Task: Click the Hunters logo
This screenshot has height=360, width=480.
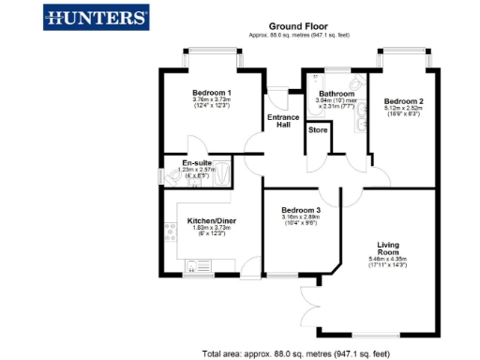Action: click(97, 17)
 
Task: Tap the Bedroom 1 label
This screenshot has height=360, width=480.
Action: click(212, 93)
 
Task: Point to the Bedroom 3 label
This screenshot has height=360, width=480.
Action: click(301, 210)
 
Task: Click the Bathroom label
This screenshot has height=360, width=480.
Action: click(336, 94)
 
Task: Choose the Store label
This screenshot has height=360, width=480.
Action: click(317, 130)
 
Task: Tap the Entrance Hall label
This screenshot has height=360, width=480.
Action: click(283, 121)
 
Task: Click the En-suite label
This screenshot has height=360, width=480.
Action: click(196, 163)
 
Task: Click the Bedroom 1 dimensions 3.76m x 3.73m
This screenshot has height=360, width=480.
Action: click(212, 103)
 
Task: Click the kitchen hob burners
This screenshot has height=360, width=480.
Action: click(172, 232)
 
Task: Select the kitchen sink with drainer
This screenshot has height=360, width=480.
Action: click(197, 264)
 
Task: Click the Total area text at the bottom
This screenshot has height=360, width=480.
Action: click(296, 353)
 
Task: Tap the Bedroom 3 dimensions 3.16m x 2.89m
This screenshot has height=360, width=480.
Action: click(301, 220)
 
